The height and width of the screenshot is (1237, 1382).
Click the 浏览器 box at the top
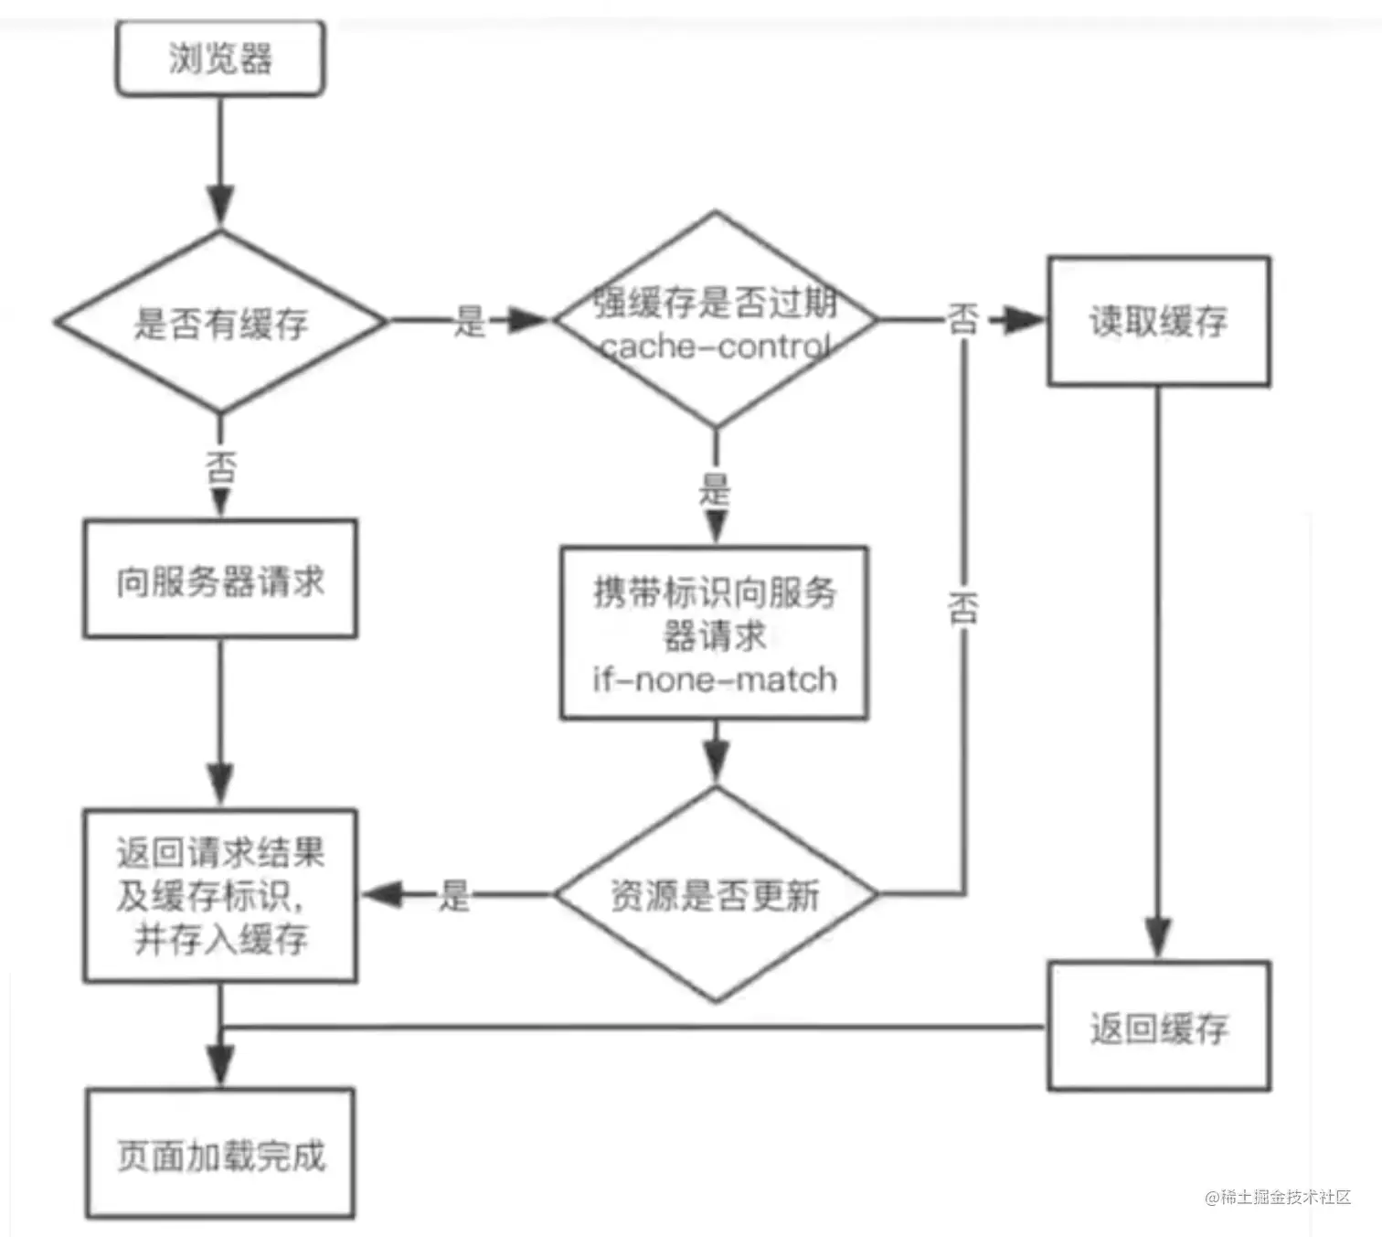tap(219, 59)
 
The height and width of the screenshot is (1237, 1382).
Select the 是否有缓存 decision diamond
tap(220, 323)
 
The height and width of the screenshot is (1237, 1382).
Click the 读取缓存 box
tap(1158, 321)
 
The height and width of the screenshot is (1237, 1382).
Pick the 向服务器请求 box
tap(219, 580)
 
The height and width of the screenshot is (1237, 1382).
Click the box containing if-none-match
tap(714, 634)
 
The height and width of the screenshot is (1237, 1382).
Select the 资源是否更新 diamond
tap(715, 895)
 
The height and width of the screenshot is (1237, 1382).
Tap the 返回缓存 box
tap(1158, 1027)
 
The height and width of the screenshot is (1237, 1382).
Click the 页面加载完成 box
tap(220, 1154)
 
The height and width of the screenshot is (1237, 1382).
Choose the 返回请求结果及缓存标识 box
tap(219, 896)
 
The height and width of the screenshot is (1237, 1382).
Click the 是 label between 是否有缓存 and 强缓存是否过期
tap(469, 321)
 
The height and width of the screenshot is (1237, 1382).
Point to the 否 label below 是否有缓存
tap(220, 467)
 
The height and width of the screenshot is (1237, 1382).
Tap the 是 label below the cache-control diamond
tap(715, 489)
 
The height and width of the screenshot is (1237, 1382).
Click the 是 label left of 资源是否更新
tap(454, 895)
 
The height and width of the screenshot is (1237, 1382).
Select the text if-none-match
tap(714, 679)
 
